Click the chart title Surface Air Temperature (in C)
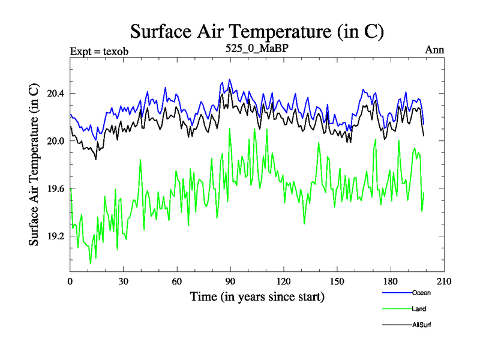pos(257,31)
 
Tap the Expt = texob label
pos(99,50)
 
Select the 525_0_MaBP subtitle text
pos(257,49)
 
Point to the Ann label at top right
pos(434,50)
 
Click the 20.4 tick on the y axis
pos(55,94)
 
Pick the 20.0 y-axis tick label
pos(55,141)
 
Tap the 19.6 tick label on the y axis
pos(55,189)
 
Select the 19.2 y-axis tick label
pos(55,236)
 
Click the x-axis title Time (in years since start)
pos(257,296)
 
